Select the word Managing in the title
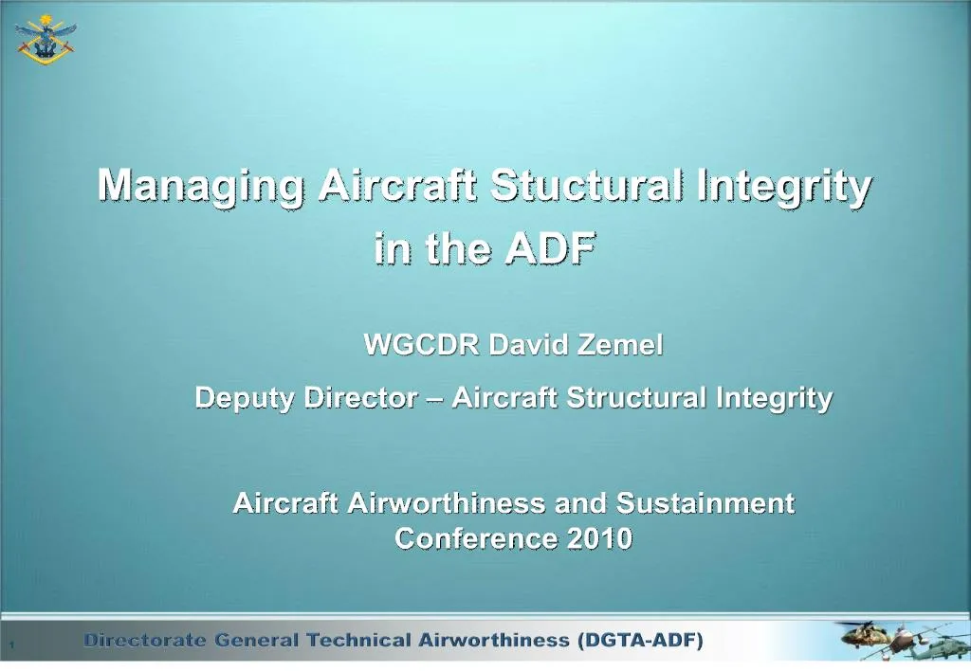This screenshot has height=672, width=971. pos(201,186)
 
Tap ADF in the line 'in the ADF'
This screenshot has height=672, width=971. pos(550,248)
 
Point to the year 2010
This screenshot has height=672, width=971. pos(599,539)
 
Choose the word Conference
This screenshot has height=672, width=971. pos(477,539)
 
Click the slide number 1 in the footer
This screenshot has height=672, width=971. pos(10,645)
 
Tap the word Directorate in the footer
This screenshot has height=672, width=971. pos(145,641)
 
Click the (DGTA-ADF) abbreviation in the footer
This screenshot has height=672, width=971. pos(641,641)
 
